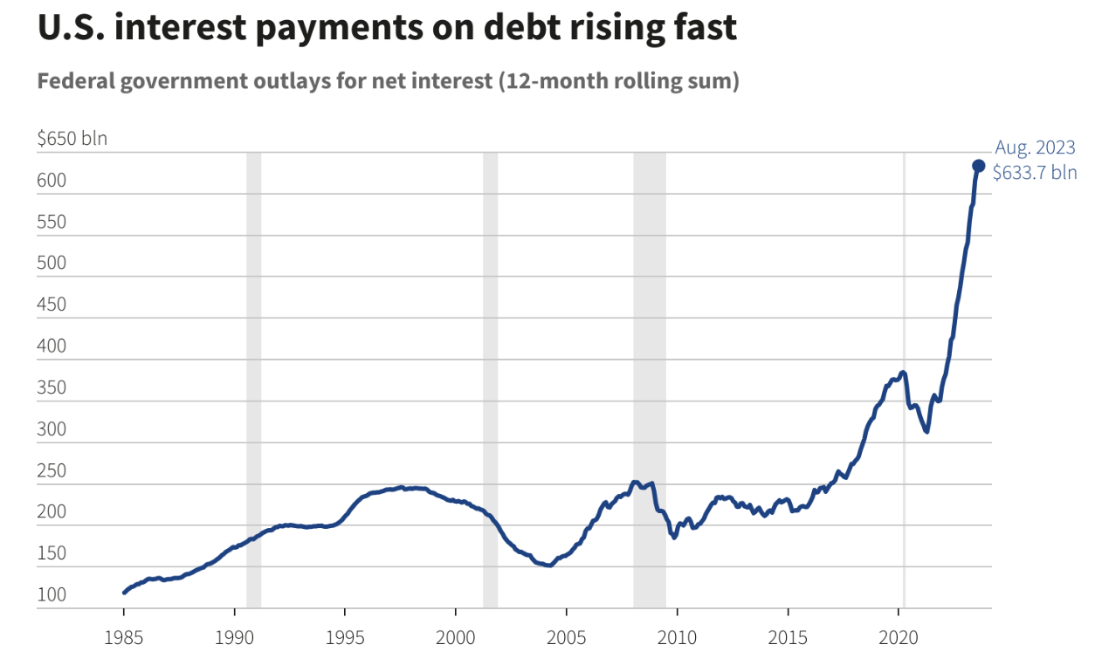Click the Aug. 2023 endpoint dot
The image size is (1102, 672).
979,166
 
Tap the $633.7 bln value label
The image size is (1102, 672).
1035,173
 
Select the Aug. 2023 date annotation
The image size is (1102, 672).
1036,147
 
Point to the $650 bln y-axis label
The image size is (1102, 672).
72,138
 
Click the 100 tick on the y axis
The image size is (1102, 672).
52,595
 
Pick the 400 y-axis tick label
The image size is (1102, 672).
52,346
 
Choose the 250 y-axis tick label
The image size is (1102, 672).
52,470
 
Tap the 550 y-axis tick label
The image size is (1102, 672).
52,222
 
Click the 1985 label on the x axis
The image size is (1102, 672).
124,638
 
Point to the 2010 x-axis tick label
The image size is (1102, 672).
678,638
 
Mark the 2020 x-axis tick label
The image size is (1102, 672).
899,638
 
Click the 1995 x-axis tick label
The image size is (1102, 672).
345,638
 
